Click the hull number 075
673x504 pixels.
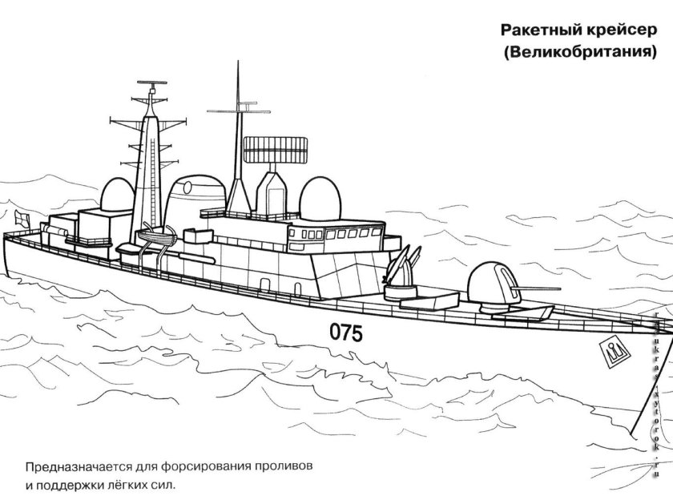click(345, 331)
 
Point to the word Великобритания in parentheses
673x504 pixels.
click(580, 54)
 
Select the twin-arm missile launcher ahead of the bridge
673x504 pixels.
click(403, 268)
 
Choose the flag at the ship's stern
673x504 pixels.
click(20, 216)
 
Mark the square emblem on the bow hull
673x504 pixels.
click(613, 349)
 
